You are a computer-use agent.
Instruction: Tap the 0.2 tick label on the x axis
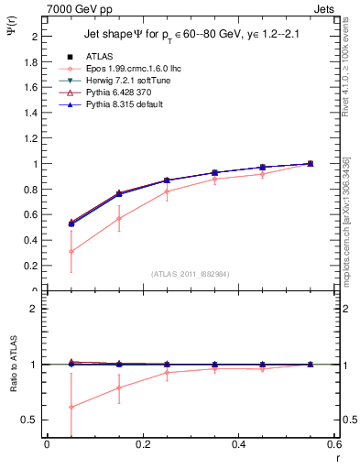(x=142, y=446)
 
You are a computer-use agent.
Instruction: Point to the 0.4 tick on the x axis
(x=238, y=446)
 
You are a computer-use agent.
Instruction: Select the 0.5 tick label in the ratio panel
(x=28, y=420)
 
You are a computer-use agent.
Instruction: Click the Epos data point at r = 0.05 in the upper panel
(x=71, y=251)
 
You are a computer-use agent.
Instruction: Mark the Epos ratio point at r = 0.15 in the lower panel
(x=119, y=387)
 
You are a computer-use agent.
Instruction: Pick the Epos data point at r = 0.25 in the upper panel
(x=167, y=191)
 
